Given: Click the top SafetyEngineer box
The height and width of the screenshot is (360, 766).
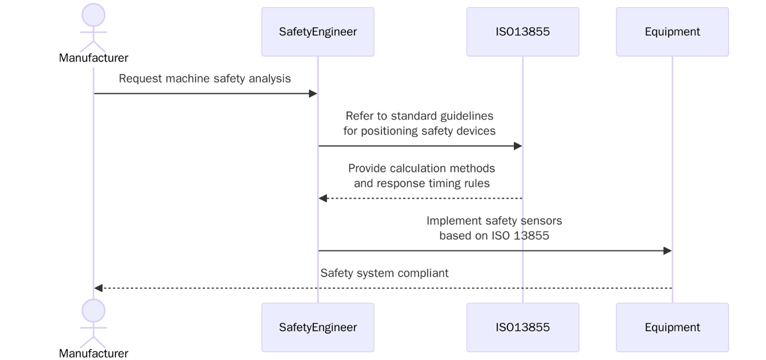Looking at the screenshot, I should pos(318,32).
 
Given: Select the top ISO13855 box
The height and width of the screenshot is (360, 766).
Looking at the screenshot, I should pos(522,32).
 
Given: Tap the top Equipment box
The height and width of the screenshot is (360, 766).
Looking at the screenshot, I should pos(672,32).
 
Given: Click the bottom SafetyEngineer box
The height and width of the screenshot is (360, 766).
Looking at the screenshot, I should pos(318,327).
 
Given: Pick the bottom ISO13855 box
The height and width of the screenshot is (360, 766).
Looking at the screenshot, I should pos(522,327).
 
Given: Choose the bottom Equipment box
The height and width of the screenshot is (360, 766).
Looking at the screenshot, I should pos(672,327).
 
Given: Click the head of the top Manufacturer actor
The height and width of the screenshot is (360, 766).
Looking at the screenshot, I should pos(93,15).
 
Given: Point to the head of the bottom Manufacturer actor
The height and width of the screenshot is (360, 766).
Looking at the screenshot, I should pos(93,311).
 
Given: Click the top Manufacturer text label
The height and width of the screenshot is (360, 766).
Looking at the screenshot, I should pos(93,58).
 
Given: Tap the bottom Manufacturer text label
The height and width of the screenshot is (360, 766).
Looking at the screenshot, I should pos(93,354).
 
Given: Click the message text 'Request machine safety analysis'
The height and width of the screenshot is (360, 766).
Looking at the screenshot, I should pos(205,79).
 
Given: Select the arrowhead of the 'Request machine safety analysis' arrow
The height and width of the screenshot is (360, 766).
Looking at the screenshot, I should pos(313,93).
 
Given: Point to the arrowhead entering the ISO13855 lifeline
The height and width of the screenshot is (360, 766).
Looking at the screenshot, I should pos(518,146).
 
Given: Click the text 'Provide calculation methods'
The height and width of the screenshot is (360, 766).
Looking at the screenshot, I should pos(422,168).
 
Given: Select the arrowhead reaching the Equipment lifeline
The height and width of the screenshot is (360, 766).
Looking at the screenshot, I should pos(667,251).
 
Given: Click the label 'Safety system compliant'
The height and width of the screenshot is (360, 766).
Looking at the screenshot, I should pos(384,273).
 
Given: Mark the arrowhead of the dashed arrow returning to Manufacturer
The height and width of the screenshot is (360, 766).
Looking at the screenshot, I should pos(99,288).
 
